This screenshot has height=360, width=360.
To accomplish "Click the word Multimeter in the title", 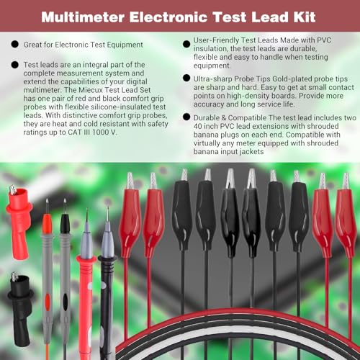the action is click(83, 17).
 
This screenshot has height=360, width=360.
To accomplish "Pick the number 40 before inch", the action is click(198, 126).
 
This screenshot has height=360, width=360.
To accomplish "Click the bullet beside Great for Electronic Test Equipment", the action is click(15, 45).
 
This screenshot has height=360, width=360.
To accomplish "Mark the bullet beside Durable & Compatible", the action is click(186, 117).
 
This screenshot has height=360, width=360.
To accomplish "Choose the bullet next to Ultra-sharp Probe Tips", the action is click(186, 78).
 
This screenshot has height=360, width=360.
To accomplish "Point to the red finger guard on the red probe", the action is click(86, 259).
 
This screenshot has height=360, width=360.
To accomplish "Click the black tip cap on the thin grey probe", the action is click(65, 223).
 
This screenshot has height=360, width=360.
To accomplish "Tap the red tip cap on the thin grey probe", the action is click(47, 225).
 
